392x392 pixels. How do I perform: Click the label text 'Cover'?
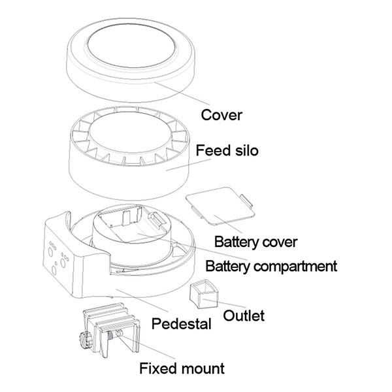[221, 115]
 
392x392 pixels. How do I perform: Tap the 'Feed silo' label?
[227, 151]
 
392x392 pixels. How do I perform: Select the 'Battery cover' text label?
[255, 242]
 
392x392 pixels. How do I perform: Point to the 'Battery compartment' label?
[271, 266]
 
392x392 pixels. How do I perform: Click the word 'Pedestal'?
[181, 323]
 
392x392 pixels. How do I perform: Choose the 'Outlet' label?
[244, 316]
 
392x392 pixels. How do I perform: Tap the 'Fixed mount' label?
[182, 368]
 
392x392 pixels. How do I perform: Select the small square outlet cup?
[203, 295]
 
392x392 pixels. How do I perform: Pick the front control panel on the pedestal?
[59, 255]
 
